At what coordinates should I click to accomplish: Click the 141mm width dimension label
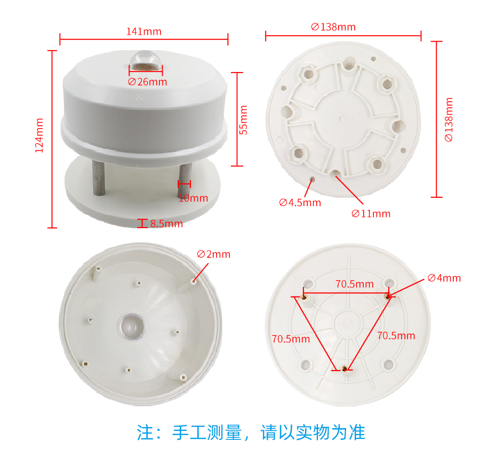144,31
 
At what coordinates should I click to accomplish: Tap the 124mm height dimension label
39,135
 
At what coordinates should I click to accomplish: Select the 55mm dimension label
243,120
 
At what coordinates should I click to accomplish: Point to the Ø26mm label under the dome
148,82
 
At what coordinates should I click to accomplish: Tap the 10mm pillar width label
193,198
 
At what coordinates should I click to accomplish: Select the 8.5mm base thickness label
166,223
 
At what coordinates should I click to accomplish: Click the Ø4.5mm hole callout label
300,203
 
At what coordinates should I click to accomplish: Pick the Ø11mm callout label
371,214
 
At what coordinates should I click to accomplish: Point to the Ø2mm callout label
214,254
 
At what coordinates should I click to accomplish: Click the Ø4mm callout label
444,278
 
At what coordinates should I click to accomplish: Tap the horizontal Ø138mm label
333,27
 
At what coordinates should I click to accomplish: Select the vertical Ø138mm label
449,119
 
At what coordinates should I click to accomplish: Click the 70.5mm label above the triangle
355,284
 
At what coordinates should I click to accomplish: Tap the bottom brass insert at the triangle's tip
344,369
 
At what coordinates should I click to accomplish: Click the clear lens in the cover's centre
132,326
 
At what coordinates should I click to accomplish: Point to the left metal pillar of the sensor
99,178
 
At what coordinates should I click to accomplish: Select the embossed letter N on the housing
140,98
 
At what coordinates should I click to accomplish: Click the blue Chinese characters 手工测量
207,432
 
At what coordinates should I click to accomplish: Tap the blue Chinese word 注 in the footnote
145,432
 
